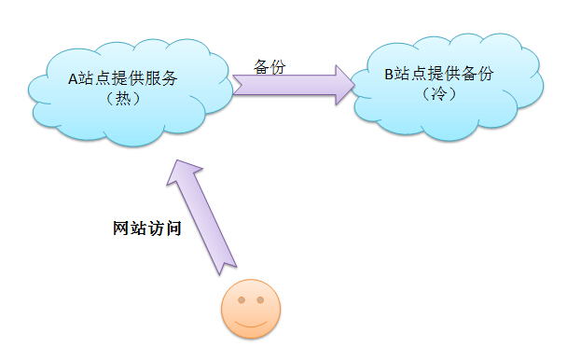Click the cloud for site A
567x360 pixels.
click(121, 89)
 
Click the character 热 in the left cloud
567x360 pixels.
click(122, 98)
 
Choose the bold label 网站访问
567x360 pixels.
click(140, 227)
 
